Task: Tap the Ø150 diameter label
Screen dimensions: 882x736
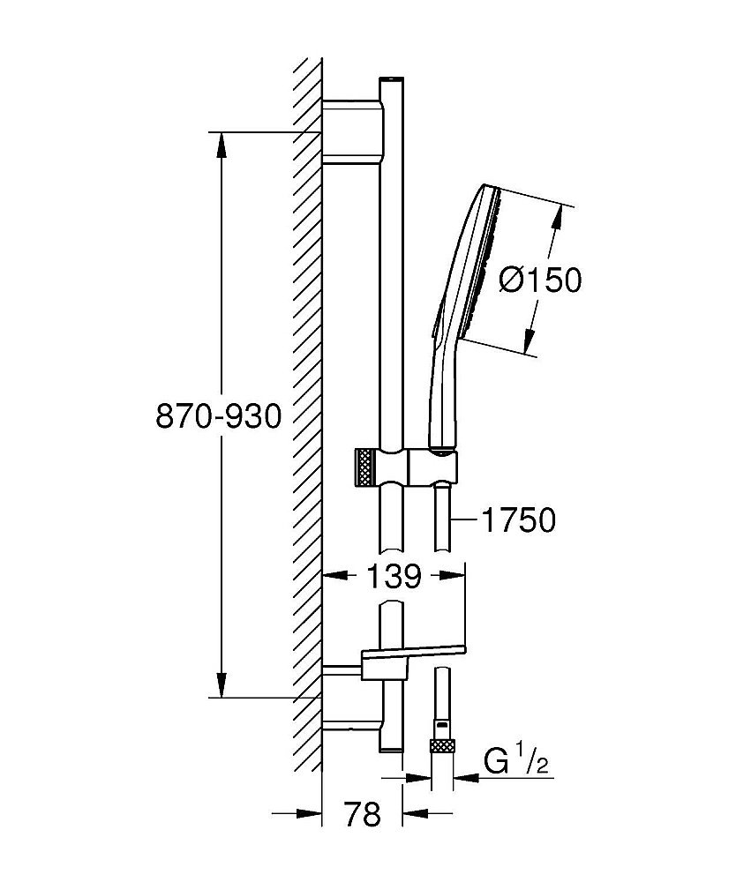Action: coord(540,280)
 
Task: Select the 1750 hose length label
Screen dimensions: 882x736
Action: coord(519,520)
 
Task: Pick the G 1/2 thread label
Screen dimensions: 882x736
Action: coord(517,760)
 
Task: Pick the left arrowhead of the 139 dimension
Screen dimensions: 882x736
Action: coord(332,578)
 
